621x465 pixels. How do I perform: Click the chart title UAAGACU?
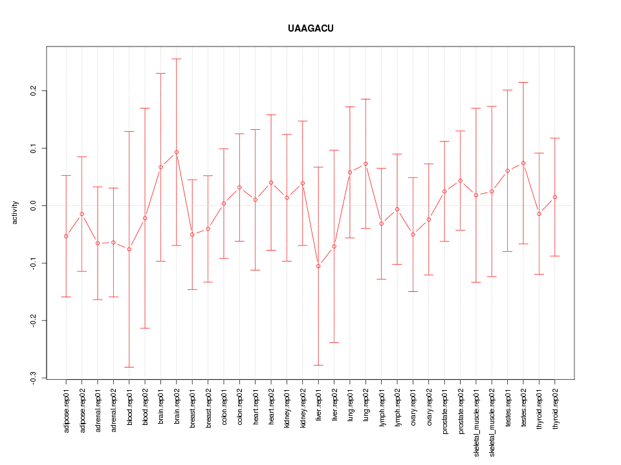pos(310,28)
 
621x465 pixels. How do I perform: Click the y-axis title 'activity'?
pos(15,212)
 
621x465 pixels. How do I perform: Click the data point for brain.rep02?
pos(177,152)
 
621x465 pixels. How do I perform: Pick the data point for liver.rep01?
pos(318,266)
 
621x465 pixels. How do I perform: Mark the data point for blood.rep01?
pos(129,249)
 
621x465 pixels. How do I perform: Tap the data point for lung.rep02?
pos(365,164)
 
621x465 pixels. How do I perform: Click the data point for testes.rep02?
pos(523,163)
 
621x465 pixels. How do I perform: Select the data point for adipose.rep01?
pos(66,236)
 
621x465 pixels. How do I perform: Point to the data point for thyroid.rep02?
pos(555,197)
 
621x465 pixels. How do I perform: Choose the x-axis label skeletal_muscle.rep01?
pos(476,419)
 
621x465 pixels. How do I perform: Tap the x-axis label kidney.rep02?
pos(303,410)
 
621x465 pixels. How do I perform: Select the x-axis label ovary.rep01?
pos(413,409)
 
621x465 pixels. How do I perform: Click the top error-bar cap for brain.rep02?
pos(177,59)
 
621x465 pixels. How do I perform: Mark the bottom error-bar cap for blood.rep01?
pos(129,367)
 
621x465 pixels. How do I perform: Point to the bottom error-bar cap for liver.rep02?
pos(334,342)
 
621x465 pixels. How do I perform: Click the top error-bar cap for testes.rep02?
pos(523,82)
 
